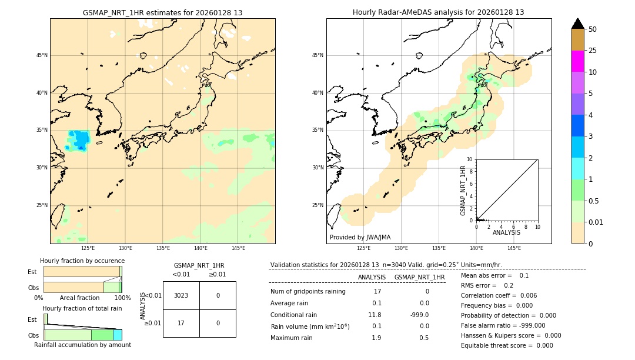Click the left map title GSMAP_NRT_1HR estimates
pyautogui.click(x=162, y=12)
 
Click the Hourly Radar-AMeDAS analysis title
pyautogui.click(x=439, y=12)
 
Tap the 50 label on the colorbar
pyautogui.click(x=593, y=29)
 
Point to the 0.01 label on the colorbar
pyautogui.click(x=596, y=222)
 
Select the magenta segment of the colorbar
pyautogui.click(x=577, y=61)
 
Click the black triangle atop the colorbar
pyautogui.click(x=577, y=24)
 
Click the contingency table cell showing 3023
pyautogui.click(x=181, y=295)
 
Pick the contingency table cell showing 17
pyautogui.click(x=181, y=323)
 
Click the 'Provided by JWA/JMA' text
pyautogui.click(x=360, y=237)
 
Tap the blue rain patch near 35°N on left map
pyautogui.click(x=79, y=139)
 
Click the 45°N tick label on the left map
pyautogui.click(x=42, y=55)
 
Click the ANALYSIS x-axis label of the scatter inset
pyautogui.click(x=506, y=232)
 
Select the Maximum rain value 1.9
pyautogui.click(x=376, y=338)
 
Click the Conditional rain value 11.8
pyautogui.click(x=375, y=315)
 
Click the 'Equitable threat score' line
pyautogui.click(x=507, y=345)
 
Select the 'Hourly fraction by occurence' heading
pyautogui.click(x=82, y=261)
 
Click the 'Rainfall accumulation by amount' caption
pyautogui.click(x=82, y=345)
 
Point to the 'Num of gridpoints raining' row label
pyautogui.click(x=308, y=291)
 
